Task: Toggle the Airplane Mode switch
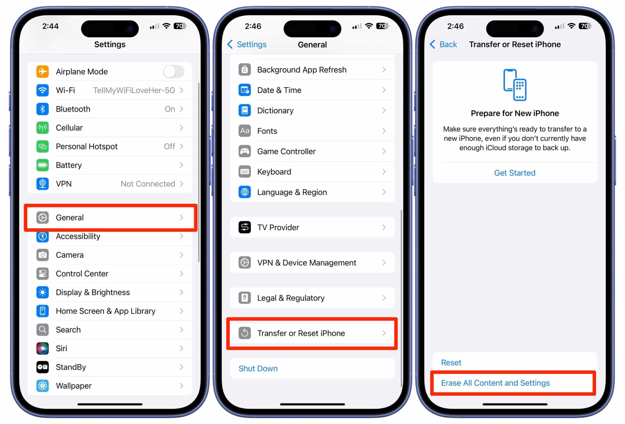[174, 71]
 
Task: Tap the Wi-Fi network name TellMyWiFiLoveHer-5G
[134, 90]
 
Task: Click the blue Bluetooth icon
[43, 109]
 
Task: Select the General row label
[70, 217]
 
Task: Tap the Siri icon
[43, 348]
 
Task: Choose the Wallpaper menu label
[73, 386]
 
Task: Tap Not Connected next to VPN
[148, 184]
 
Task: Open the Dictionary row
[275, 111]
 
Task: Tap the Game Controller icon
[245, 151]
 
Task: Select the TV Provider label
[278, 227]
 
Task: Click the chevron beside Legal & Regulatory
[384, 298]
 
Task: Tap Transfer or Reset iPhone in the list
[301, 333]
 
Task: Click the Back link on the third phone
[444, 44]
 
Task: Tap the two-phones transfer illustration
[515, 85]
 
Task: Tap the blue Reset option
[451, 362]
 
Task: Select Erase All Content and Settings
[495, 383]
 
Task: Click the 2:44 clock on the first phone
[50, 26]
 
